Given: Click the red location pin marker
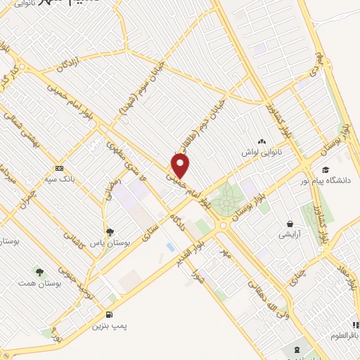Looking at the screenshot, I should point(181,167).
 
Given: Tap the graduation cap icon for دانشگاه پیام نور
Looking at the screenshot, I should point(325,169).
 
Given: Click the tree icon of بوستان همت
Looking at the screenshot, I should point(39,272).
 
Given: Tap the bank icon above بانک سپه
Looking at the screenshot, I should point(59,168).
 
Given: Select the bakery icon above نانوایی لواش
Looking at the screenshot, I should point(262,143).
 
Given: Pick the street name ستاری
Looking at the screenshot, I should point(150,232).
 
